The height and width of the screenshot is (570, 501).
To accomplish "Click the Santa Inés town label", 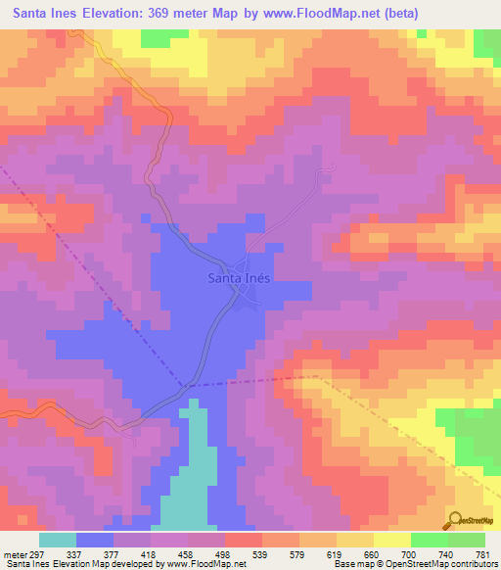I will [x=239, y=277].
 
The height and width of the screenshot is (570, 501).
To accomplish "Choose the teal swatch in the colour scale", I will [x=58, y=541].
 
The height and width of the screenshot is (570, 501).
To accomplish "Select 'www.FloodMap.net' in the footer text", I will [x=207, y=564].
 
